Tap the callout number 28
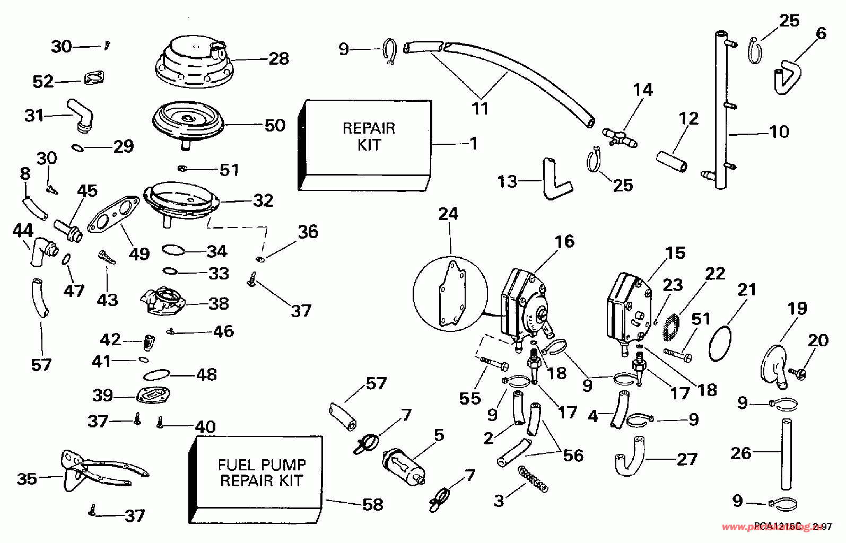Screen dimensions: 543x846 coord(278,58)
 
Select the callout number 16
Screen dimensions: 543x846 coord(564,241)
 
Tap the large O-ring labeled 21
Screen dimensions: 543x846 coord(721,343)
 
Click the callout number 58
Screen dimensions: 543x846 coord(373,504)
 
